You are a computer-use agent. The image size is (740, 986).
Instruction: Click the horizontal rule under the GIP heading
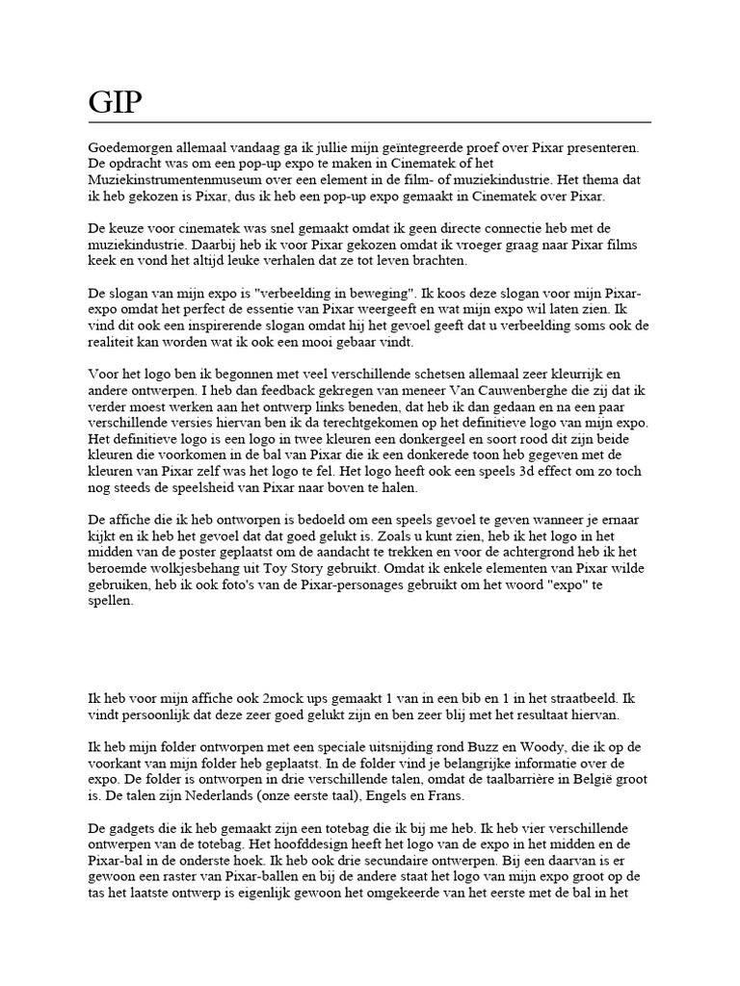369,122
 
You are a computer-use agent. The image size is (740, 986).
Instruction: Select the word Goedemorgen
128,148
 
